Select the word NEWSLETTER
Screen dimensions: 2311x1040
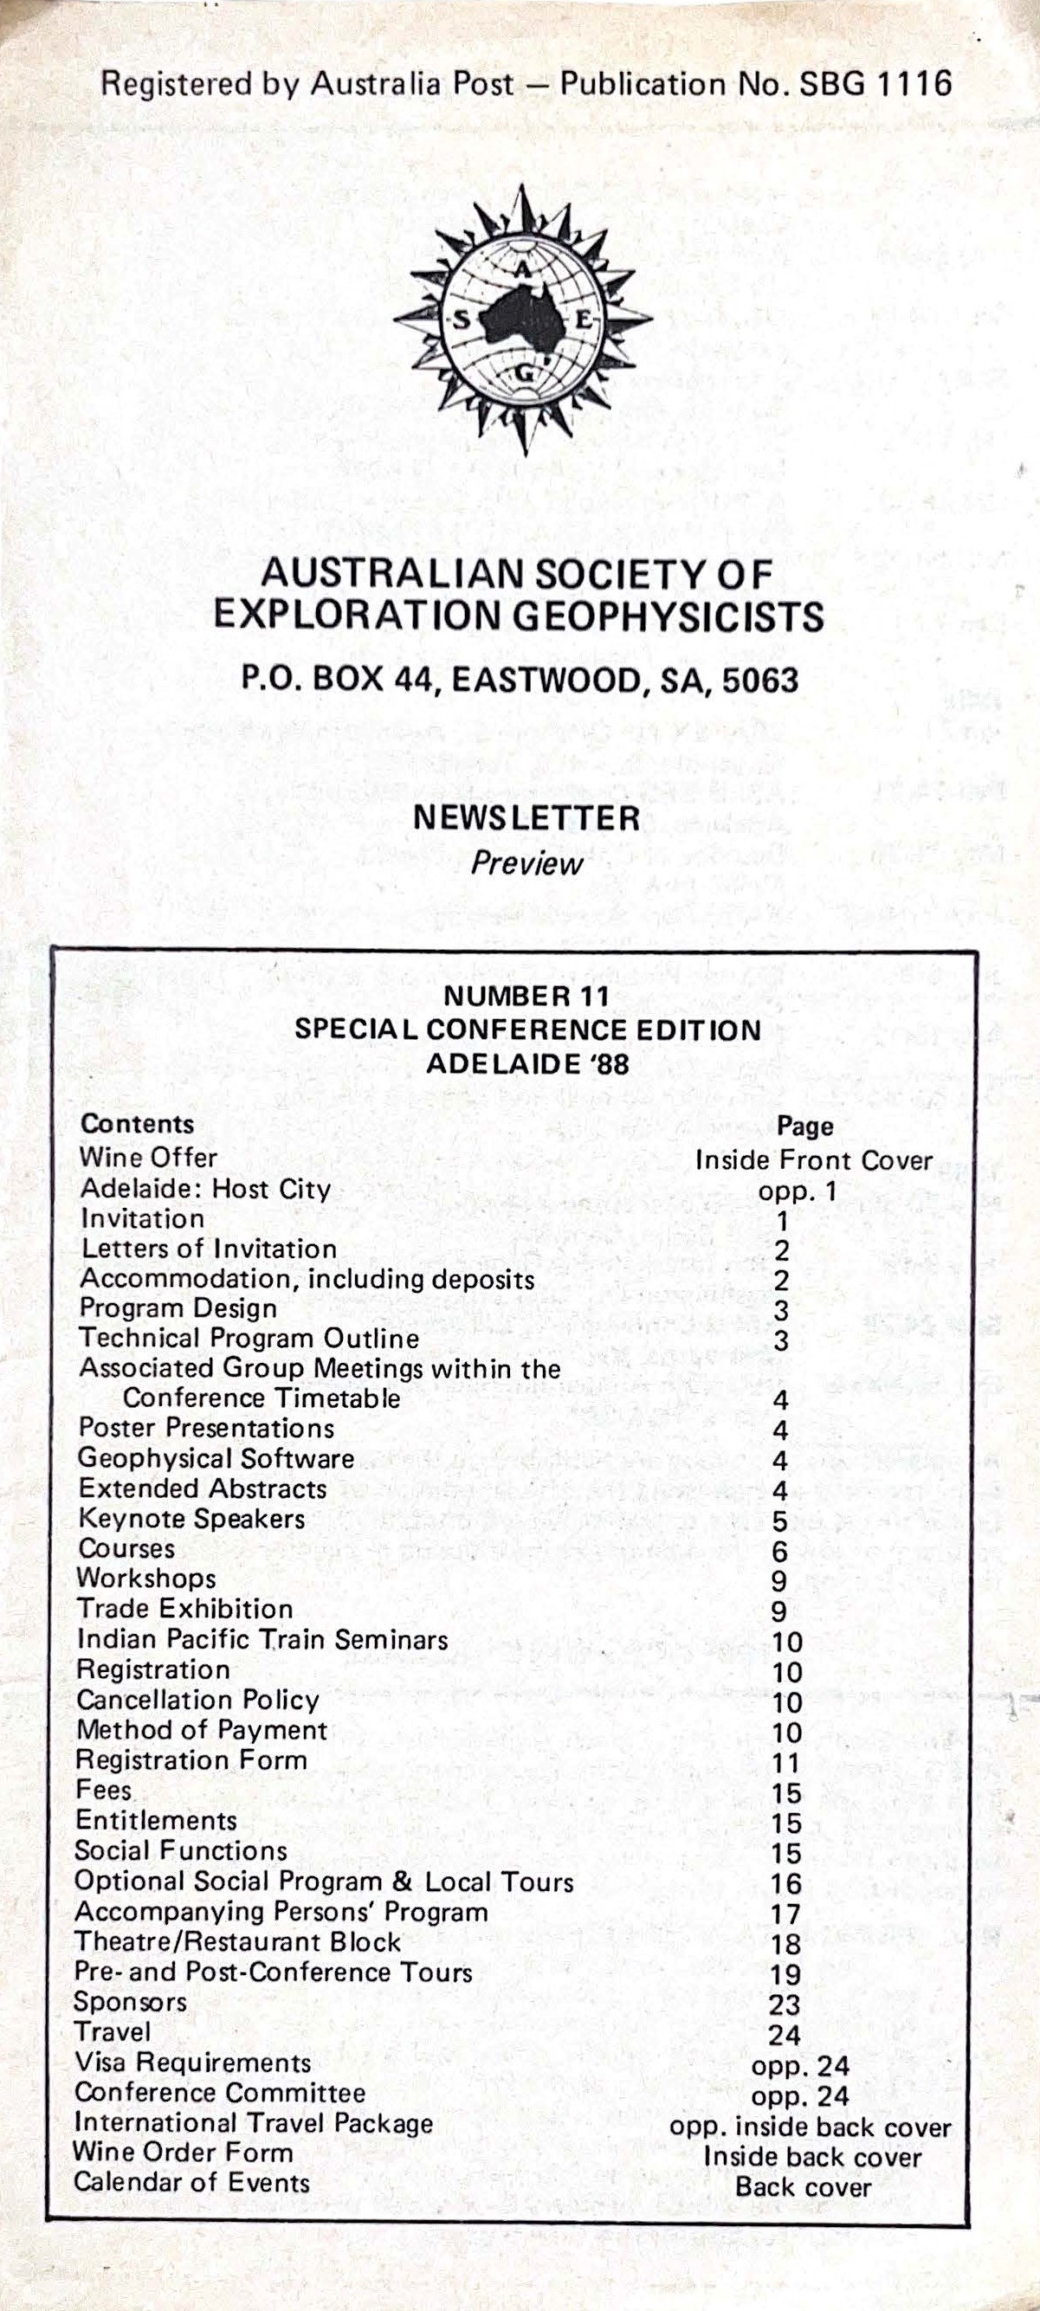point(526,817)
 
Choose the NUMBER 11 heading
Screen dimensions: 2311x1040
point(526,996)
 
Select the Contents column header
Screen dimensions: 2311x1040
point(138,1124)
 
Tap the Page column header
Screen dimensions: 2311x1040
point(805,1126)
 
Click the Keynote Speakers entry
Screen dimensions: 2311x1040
point(191,1519)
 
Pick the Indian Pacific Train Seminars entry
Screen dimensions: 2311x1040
point(262,1640)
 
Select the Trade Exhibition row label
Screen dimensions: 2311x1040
point(184,1610)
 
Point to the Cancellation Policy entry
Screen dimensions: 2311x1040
point(197,1700)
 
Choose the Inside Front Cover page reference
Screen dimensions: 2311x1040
point(814,1160)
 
